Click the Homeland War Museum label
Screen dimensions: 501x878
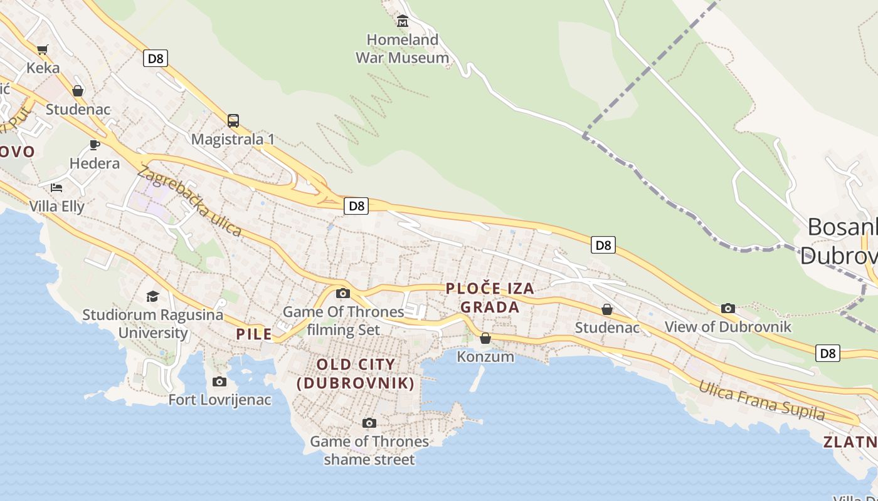(x=402, y=49)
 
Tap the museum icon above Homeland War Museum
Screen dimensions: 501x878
(x=403, y=22)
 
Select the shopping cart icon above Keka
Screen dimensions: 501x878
(x=43, y=49)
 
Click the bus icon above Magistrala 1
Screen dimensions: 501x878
(x=233, y=120)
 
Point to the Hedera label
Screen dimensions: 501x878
(x=95, y=163)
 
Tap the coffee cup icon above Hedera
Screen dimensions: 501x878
(x=95, y=145)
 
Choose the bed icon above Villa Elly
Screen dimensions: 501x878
(x=56, y=187)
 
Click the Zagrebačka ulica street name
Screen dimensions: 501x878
(x=190, y=200)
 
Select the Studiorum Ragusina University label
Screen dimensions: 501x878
(x=152, y=323)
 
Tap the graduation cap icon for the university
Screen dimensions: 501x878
(x=152, y=296)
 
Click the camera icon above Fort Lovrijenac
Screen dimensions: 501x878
(x=219, y=381)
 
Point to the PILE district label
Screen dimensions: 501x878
(x=254, y=334)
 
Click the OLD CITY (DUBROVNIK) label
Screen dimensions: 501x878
(x=356, y=373)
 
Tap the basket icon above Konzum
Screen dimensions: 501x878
(x=485, y=338)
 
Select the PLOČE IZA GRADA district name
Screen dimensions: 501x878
(x=490, y=297)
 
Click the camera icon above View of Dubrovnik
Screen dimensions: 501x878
(x=728, y=308)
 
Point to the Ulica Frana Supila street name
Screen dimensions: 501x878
(x=762, y=400)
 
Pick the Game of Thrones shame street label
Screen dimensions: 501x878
(x=369, y=450)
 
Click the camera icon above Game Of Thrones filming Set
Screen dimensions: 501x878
(x=342, y=293)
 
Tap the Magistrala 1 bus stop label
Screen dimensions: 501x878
(x=233, y=139)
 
